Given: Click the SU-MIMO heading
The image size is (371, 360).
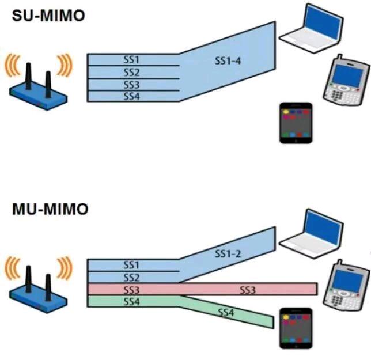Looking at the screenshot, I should pyautogui.click(x=48, y=16).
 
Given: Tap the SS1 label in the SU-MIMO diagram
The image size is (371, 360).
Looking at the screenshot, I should pyautogui.click(x=132, y=59).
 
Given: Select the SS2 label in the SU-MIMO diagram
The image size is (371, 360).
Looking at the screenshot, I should pyautogui.click(x=132, y=72).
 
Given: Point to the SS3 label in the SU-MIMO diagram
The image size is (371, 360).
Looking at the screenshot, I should pyautogui.click(x=132, y=85).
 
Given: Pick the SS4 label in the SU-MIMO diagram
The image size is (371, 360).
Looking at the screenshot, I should pyautogui.click(x=132, y=96).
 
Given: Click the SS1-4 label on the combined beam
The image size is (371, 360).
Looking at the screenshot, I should pyautogui.click(x=228, y=60).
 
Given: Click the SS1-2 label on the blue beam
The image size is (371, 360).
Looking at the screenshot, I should pyautogui.click(x=228, y=254).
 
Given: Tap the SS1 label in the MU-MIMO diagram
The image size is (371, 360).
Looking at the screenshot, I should pyautogui.click(x=132, y=265).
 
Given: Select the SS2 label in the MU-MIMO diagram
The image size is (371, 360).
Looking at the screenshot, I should pyautogui.click(x=132, y=278).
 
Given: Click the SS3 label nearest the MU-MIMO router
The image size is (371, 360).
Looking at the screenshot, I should pyautogui.click(x=132, y=290).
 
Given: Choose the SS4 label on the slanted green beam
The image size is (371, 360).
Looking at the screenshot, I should pyautogui.click(x=226, y=313).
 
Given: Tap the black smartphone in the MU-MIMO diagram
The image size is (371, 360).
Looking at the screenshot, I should pyautogui.click(x=296, y=328).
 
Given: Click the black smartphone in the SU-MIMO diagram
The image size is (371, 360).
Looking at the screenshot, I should pyautogui.click(x=296, y=123).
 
